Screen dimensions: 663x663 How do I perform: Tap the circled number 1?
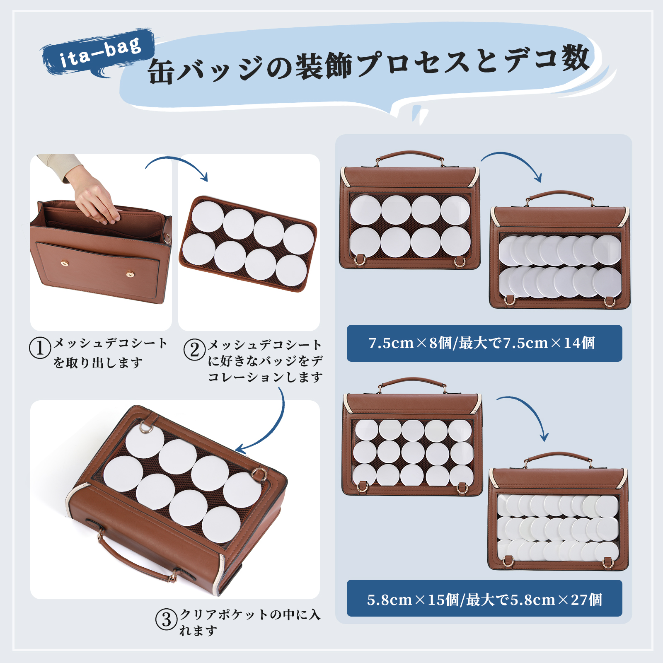40,348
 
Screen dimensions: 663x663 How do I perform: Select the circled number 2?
195,350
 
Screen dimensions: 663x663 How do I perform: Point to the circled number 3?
167,619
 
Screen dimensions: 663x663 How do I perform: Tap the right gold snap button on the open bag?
130,273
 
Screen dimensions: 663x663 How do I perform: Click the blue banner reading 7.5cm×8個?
484,343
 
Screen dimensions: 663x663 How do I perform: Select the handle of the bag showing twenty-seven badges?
558,456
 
